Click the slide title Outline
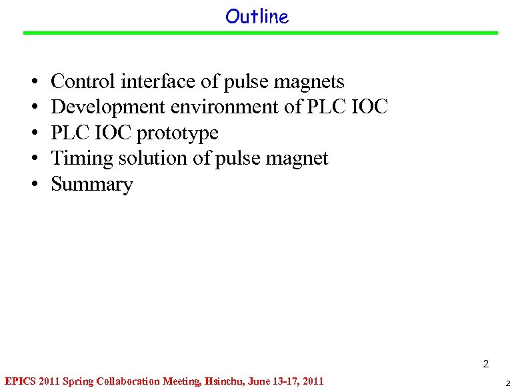257,17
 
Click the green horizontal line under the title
260,33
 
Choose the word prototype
177,133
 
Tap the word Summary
92,184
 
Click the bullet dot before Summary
33,185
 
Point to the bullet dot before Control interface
33,82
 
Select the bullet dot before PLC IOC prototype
33,133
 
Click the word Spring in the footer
77,382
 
